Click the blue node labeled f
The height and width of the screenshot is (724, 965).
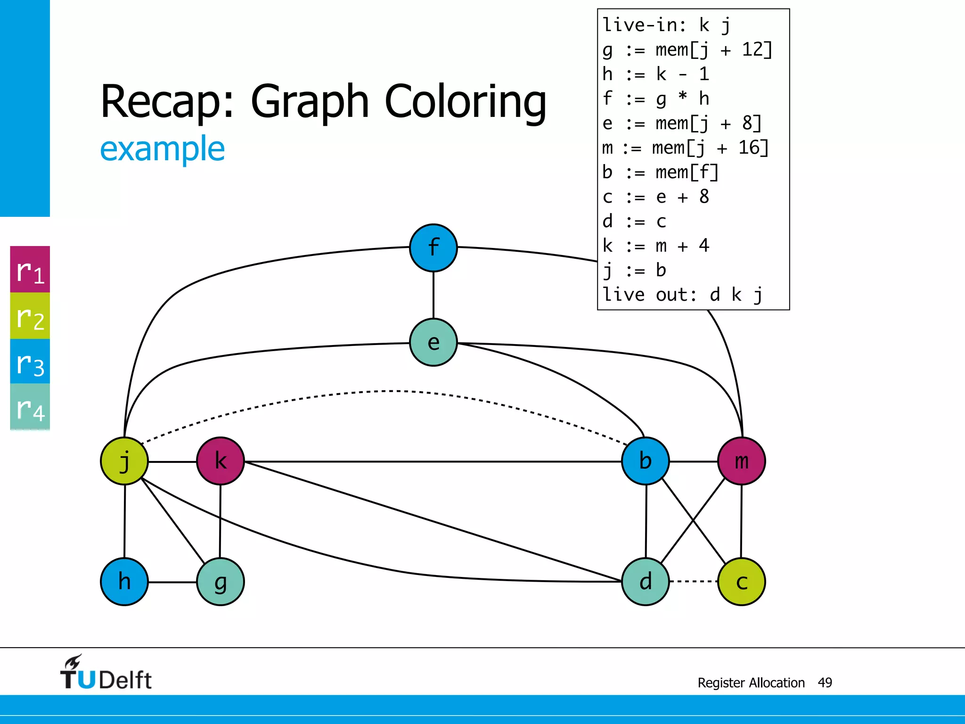pyautogui.click(x=433, y=247)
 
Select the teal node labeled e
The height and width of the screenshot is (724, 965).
pyautogui.click(x=433, y=342)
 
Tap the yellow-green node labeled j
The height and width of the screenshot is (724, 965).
pyautogui.click(x=124, y=461)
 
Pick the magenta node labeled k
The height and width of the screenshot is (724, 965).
pyautogui.click(x=221, y=461)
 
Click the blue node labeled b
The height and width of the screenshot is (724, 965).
pyautogui.click(x=645, y=461)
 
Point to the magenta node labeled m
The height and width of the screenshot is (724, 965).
pyautogui.click(x=741, y=461)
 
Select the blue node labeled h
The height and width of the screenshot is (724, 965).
pyautogui.click(x=124, y=582)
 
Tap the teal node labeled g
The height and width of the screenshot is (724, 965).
pyautogui.click(x=221, y=582)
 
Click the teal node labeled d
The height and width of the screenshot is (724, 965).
pyautogui.click(x=645, y=582)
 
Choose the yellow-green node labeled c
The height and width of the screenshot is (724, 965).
pyautogui.click(x=741, y=582)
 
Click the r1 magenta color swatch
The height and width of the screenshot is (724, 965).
pyautogui.click(x=30, y=270)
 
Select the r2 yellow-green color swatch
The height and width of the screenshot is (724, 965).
pyautogui.click(x=30, y=316)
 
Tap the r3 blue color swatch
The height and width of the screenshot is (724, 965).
pyautogui.click(x=30, y=362)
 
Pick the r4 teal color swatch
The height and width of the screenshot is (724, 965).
pyautogui.click(x=30, y=407)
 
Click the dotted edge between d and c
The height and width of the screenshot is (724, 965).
pyautogui.click(x=693, y=581)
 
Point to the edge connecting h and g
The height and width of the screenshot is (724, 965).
pyautogui.click(x=172, y=582)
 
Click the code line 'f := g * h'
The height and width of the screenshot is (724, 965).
pyautogui.click(x=655, y=99)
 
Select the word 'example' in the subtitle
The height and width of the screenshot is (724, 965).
pyautogui.click(x=162, y=148)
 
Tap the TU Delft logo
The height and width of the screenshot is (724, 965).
pyautogui.click(x=106, y=673)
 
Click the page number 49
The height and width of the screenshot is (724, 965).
pyautogui.click(x=825, y=683)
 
